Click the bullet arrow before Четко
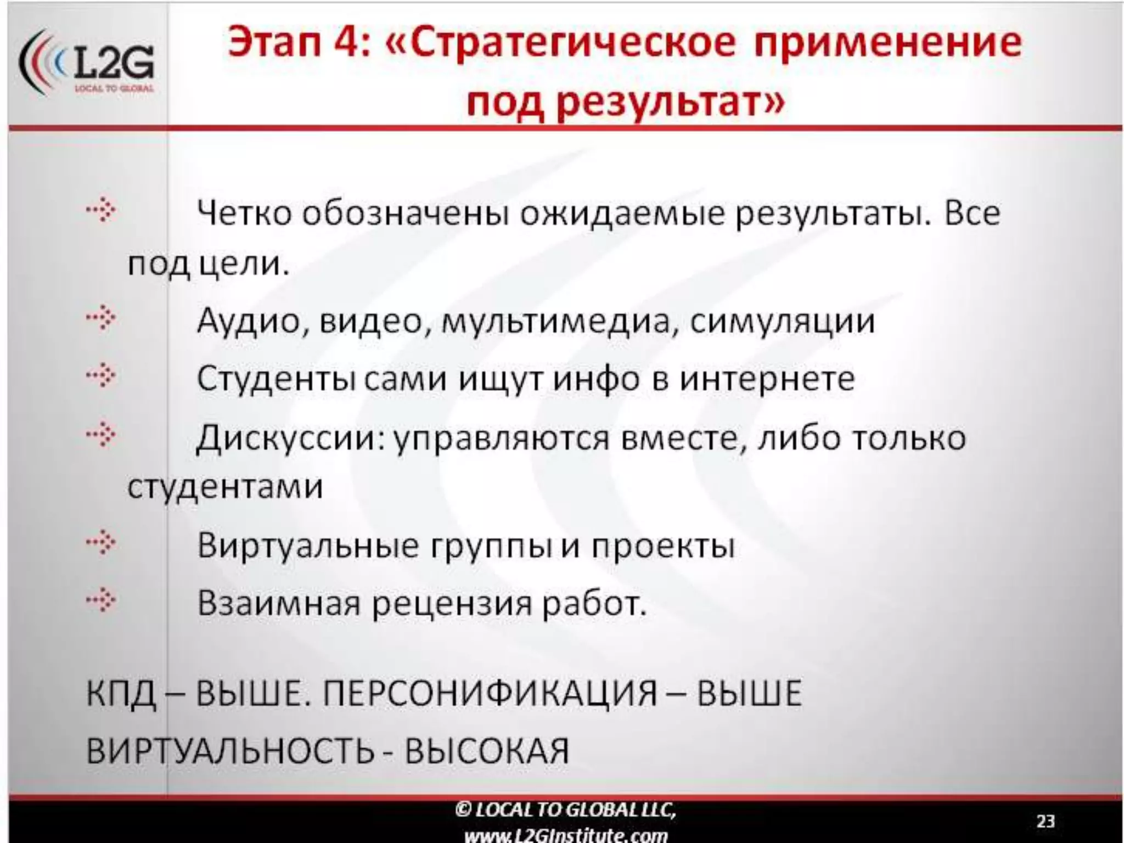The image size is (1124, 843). (x=101, y=211)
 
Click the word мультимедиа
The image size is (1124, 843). (x=556, y=322)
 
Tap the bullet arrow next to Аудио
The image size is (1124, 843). (x=101, y=318)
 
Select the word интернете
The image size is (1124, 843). (x=767, y=379)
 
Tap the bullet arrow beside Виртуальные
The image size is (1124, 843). (x=101, y=543)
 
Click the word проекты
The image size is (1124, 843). (x=663, y=547)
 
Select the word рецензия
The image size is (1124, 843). (x=452, y=604)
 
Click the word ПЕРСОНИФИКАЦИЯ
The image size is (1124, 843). (x=490, y=693)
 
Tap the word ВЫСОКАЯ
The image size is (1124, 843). (x=487, y=751)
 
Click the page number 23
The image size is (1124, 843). (x=1046, y=821)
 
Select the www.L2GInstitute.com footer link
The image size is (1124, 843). (x=566, y=835)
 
